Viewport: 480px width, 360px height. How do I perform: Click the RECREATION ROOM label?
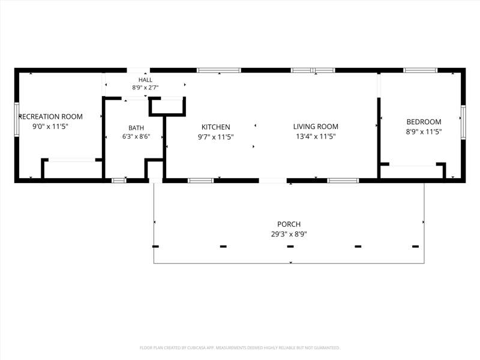point(51,116)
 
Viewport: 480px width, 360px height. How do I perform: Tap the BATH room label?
point(136,128)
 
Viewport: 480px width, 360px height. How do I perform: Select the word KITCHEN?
point(216,127)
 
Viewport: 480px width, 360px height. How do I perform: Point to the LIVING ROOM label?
point(316,127)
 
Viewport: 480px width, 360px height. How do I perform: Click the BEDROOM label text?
point(424,122)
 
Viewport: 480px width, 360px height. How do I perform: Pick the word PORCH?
point(289,224)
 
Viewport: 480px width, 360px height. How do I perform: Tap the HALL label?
point(145,80)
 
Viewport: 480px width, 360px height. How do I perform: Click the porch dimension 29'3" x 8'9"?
point(289,234)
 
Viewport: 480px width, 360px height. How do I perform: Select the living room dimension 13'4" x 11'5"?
point(316,137)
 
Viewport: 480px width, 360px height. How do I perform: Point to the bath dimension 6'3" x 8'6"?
point(136,137)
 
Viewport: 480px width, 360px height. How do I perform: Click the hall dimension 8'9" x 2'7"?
point(145,88)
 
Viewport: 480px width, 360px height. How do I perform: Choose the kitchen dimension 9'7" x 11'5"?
point(216,137)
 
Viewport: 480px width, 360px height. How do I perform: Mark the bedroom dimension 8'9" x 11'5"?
point(424,132)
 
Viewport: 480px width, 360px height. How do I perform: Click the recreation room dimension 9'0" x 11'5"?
point(50,127)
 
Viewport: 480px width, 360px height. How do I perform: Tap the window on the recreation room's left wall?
point(17,119)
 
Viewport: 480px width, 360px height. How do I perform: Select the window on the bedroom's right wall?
point(463,122)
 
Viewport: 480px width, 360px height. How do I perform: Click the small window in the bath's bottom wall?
point(119,181)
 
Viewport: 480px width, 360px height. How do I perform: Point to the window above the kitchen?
point(219,70)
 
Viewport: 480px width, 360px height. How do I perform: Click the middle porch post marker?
point(290,247)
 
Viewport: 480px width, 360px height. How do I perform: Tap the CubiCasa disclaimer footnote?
point(239,348)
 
